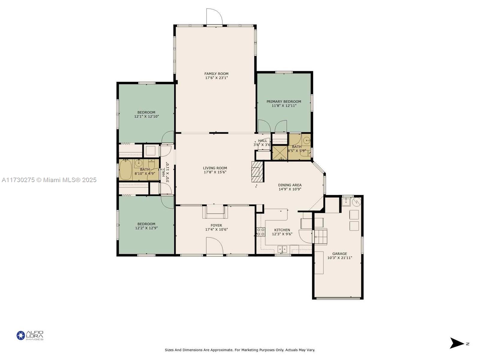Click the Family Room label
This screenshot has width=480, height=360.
pyautogui.click(x=216, y=74)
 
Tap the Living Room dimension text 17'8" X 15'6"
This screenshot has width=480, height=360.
pyautogui.click(x=215, y=172)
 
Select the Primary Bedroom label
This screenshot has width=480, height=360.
pyautogui.click(x=283, y=101)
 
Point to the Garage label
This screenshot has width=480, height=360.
pyautogui.click(x=339, y=253)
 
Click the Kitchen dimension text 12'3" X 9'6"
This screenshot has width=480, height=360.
pyautogui.click(x=282, y=234)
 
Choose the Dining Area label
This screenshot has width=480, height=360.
pyautogui.click(x=289, y=185)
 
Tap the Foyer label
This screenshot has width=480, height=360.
pyautogui.click(x=216, y=225)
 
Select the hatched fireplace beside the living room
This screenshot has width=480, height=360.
pyautogui.click(x=257, y=172)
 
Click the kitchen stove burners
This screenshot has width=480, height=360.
pyautogui.click(x=260, y=232)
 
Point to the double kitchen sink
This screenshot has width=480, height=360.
pyautogui.click(x=282, y=249)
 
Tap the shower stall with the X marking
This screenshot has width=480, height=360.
pyautogui.click(x=280, y=153)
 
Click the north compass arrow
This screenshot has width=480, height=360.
pyautogui.click(x=457, y=343)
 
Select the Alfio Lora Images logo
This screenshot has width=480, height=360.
pyautogui.click(x=30, y=335)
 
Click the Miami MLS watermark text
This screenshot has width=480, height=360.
pyautogui.click(x=49, y=180)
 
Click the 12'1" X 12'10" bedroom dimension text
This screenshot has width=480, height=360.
pyautogui.click(x=146, y=116)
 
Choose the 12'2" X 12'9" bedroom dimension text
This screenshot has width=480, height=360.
pyautogui.click(x=146, y=228)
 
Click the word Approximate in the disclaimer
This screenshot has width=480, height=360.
pyautogui.click(x=221, y=350)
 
